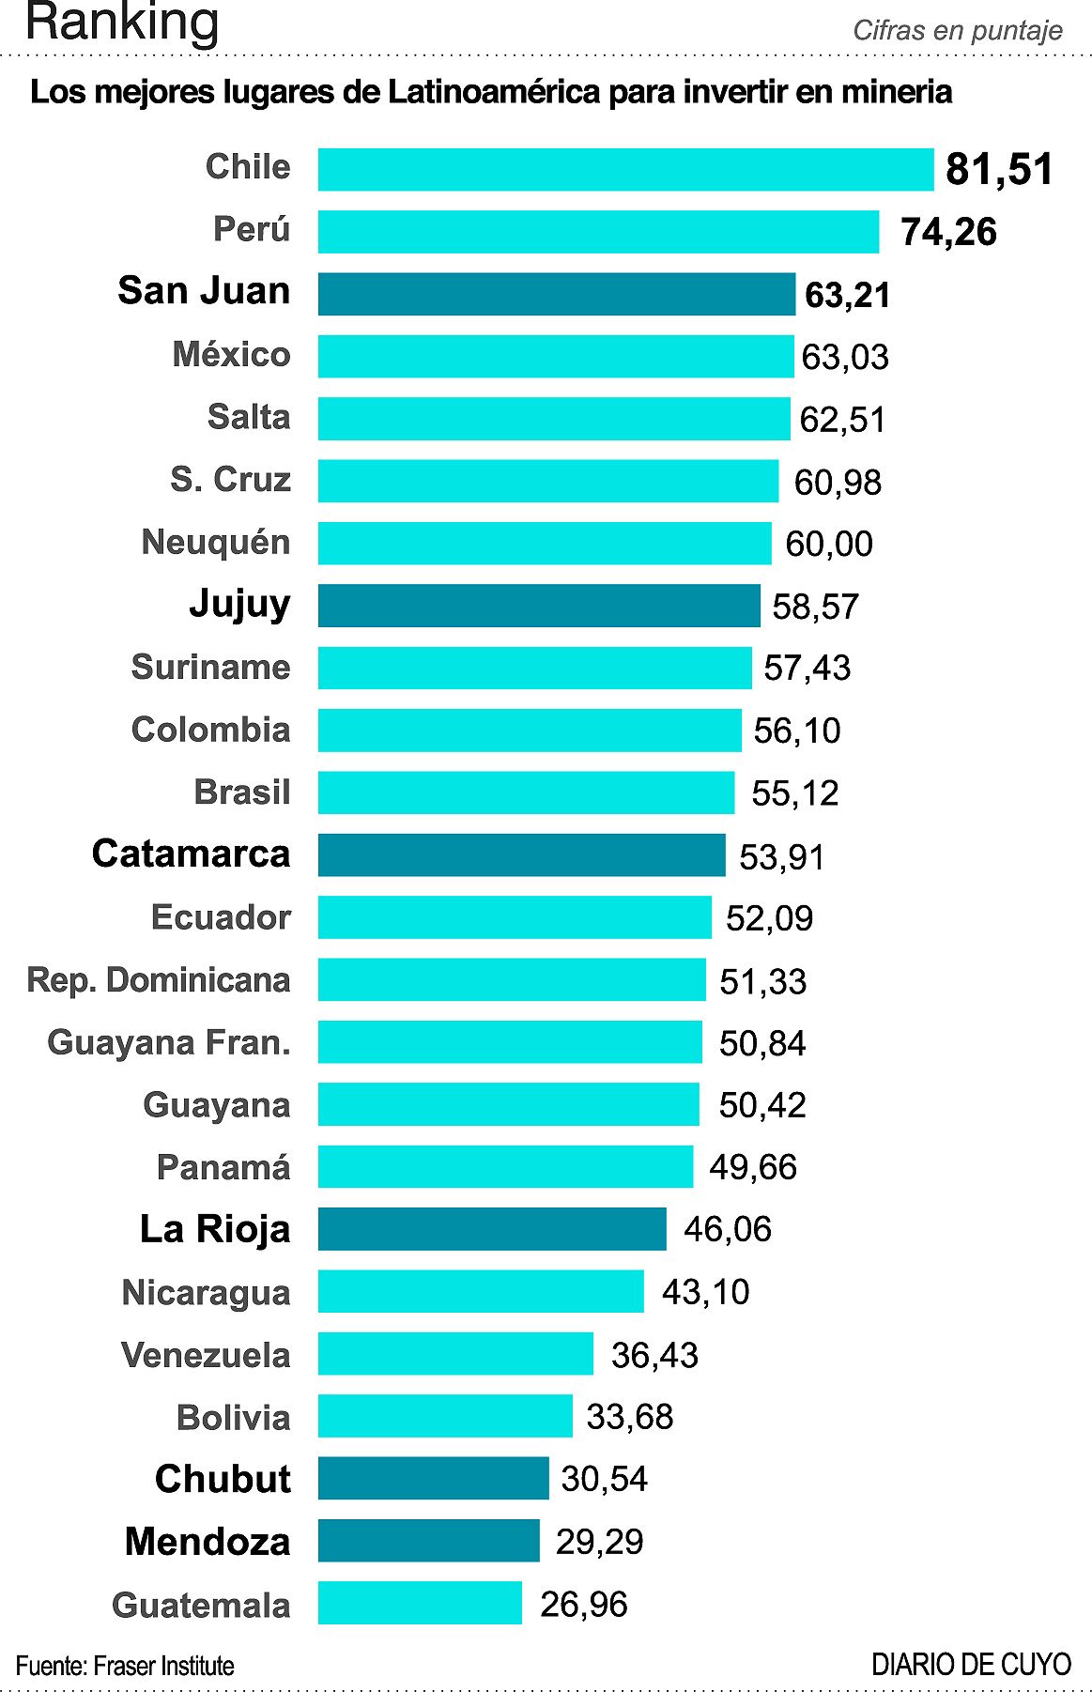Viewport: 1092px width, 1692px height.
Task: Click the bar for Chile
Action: click(625, 170)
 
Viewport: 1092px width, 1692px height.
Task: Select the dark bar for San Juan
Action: click(556, 295)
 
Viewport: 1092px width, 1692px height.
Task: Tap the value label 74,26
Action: click(948, 232)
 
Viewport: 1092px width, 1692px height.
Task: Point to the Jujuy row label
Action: click(239, 604)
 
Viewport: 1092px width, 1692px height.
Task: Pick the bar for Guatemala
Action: click(420, 1603)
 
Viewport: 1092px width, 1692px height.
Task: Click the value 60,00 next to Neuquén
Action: click(829, 544)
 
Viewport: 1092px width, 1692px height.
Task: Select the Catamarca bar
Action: click(521, 855)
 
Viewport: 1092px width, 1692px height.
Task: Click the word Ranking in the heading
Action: click(122, 23)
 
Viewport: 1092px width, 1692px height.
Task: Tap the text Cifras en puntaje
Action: click(957, 31)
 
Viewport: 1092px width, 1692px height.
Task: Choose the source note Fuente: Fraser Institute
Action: click(125, 1666)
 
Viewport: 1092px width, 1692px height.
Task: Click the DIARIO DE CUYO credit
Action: click(971, 1665)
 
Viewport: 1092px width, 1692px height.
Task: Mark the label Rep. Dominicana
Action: click(159, 980)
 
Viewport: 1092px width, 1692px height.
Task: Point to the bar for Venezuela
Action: click(455, 1354)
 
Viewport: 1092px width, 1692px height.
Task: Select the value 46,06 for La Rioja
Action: click(728, 1229)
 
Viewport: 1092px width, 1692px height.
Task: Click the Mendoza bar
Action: click(428, 1541)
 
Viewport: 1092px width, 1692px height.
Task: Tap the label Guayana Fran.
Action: click(169, 1042)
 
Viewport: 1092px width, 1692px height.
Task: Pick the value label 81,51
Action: click(999, 170)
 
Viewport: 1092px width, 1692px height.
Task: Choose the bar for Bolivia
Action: click(445, 1416)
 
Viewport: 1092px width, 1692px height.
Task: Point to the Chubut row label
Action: click(223, 1479)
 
